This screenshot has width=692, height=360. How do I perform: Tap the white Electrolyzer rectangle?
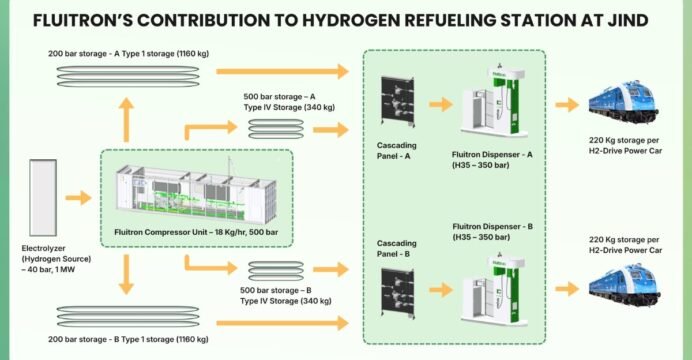pyautogui.click(x=43, y=198)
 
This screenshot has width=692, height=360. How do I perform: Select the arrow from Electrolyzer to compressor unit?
pyautogui.click(x=79, y=198)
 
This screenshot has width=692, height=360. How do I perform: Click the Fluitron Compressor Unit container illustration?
pyautogui.click(x=196, y=194)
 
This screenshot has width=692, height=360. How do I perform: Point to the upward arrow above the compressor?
pyautogui.click(x=127, y=120)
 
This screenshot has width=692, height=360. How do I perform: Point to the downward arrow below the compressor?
pyautogui.click(x=127, y=274)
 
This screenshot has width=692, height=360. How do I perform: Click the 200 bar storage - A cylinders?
pyautogui.click(x=128, y=76)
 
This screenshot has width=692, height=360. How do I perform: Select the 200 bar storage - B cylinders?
pyautogui.click(x=128, y=317)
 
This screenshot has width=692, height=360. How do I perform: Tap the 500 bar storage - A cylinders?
pyautogui.click(x=276, y=129)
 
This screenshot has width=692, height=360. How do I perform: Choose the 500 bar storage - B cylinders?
pyautogui.click(x=276, y=271)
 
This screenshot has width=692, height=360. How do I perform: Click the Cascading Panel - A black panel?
pyautogui.click(x=398, y=101)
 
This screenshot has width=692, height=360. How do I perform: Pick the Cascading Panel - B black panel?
pyautogui.click(x=398, y=293)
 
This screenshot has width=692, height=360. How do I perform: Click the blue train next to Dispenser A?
pyautogui.click(x=624, y=102)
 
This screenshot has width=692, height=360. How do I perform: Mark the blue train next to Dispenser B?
pyautogui.click(x=624, y=285)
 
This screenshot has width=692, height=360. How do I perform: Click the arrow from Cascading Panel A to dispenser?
pyautogui.click(x=441, y=105)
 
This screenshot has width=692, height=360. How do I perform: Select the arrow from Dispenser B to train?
pyautogui.click(x=567, y=289)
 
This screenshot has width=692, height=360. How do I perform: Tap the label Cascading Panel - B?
pyautogui.click(x=396, y=248)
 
